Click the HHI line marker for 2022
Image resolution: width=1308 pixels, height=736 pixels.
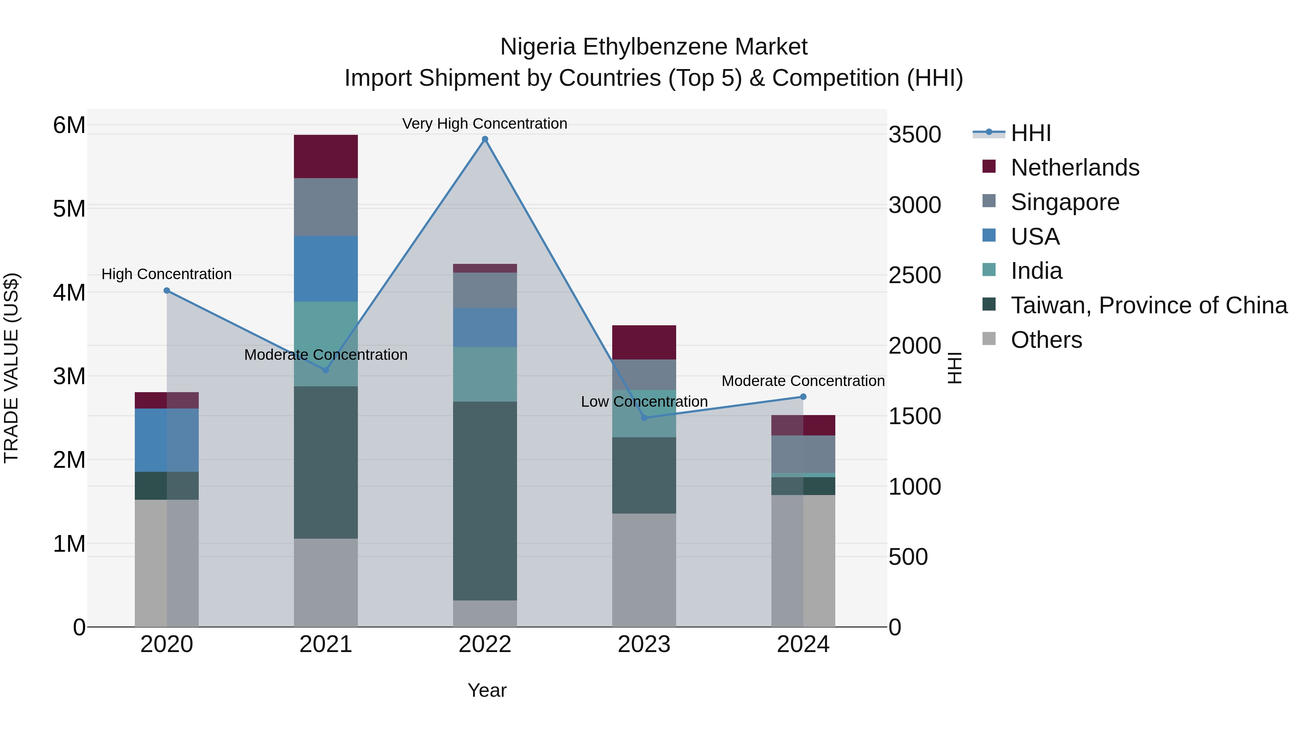coord(485,139)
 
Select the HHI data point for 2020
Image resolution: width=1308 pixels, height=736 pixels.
coord(166,290)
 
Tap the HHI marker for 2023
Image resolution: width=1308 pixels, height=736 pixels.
coord(644,418)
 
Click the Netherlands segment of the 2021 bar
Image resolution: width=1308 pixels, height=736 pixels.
coord(326,156)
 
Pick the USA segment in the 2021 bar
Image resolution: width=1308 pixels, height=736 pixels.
coord(326,269)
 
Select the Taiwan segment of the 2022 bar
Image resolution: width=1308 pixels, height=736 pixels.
coord(485,500)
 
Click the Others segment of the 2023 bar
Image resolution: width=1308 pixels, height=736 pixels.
coord(644,570)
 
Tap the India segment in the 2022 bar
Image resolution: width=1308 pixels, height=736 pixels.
coord(485,374)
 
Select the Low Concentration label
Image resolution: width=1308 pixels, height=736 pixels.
coord(644,402)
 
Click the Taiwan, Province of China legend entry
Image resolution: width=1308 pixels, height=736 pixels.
coord(1148,305)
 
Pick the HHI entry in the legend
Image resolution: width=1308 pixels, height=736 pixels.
coord(1030,133)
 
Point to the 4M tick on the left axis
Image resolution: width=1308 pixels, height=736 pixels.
coord(69,293)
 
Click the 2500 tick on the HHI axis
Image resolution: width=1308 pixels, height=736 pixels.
coord(915,275)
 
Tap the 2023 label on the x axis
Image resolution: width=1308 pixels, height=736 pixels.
coord(644,644)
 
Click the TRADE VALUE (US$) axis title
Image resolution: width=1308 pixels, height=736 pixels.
coord(12,368)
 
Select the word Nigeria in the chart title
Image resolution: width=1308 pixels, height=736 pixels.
coord(538,47)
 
